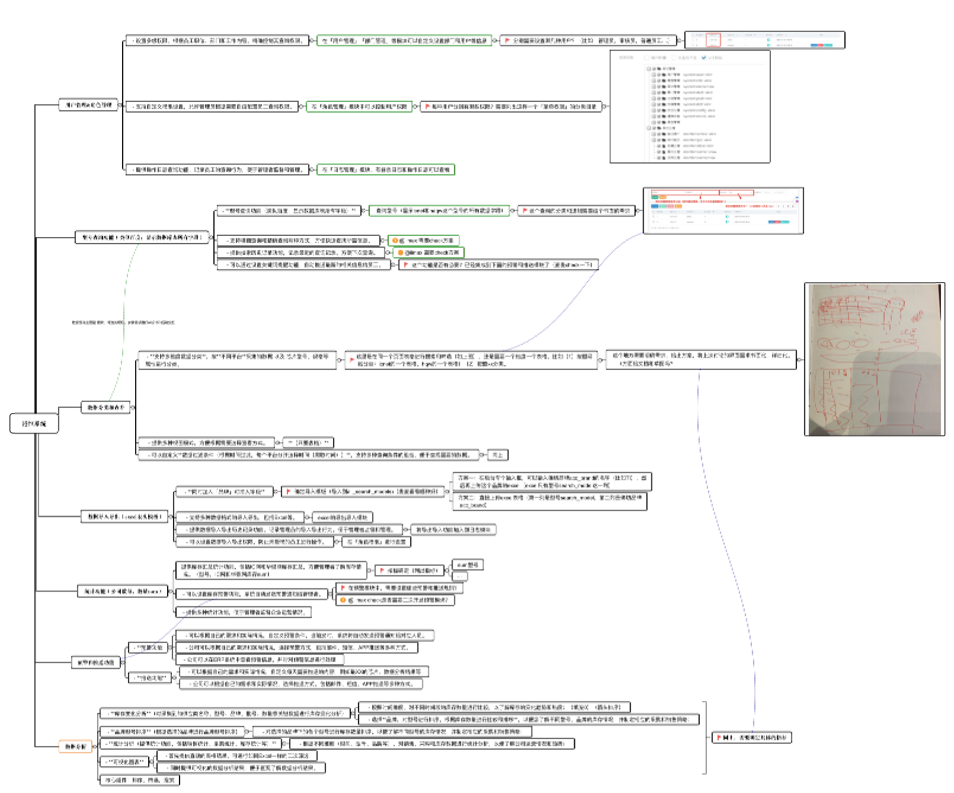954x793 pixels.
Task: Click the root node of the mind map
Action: tap(34, 424)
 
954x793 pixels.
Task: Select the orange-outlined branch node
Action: tap(75, 746)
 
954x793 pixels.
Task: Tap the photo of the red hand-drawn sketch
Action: tap(874, 359)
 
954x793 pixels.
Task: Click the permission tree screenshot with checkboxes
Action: tap(690, 107)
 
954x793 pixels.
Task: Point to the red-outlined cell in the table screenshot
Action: tap(713, 40)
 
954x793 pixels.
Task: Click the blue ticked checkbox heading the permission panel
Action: tap(703, 58)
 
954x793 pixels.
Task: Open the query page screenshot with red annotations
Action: tap(723, 210)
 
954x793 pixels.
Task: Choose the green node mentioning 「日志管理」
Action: tap(386, 170)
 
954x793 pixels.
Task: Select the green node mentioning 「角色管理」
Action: tap(359, 107)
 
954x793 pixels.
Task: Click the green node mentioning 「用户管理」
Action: tap(404, 40)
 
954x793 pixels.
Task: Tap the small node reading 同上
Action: tap(497, 455)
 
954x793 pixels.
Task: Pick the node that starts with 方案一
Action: tap(552, 481)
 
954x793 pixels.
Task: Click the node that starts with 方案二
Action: tap(549, 501)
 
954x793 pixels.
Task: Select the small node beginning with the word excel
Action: tap(342, 517)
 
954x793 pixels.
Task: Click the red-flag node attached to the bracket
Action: tap(752, 738)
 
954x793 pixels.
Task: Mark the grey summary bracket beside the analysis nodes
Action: tap(705, 738)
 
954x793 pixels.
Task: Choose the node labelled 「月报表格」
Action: tap(308, 443)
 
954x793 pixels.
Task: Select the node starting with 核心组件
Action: tap(139, 780)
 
